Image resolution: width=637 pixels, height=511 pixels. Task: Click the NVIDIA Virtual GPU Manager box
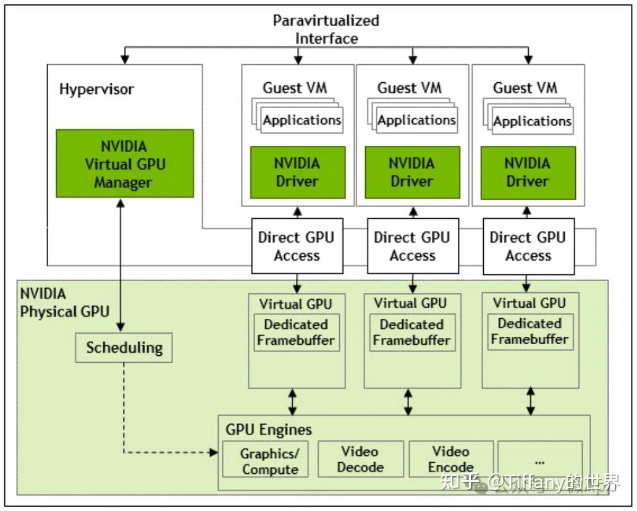tap(125, 164)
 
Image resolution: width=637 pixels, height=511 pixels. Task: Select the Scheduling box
tap(124, 348)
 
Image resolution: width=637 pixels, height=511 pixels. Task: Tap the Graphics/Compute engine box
tap(265, 460)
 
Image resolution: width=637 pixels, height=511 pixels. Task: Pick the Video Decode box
tap(361, 458)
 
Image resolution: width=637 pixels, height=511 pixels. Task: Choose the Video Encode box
tap(452, 458)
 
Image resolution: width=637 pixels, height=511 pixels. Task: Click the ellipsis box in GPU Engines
tap(541, 458)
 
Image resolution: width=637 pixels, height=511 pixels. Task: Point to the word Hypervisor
tap(96, 89)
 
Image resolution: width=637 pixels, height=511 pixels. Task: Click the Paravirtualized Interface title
tap(326, 29)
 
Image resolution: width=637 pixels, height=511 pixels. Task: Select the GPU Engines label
tap(269, 429)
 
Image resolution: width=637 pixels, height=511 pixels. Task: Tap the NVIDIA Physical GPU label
tap(65, 303)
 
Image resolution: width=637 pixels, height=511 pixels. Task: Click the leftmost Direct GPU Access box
tap(297, 246)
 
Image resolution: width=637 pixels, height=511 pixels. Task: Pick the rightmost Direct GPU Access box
tap(528, 246)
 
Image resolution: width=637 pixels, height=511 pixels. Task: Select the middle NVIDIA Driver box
tap(412, 172)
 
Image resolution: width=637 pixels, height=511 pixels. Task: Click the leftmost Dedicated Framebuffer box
tap(297, 332)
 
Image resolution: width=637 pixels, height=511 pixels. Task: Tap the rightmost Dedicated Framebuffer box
tap(530, 331)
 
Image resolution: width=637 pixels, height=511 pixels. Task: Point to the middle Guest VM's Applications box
tap(417, 120)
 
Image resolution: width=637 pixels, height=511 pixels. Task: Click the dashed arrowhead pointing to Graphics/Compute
tap(214, 452)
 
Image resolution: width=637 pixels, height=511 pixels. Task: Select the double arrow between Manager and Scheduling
tap(120, 265)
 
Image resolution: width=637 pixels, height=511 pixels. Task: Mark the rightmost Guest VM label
tap(525, 88)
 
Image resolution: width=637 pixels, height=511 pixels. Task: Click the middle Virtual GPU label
tap(410, 303)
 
